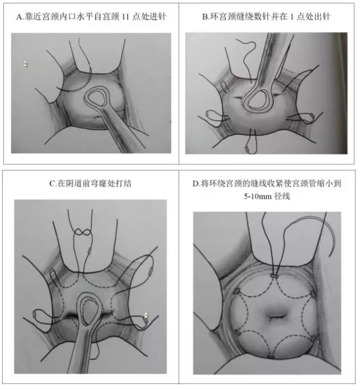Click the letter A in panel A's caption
19,17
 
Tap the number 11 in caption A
125,17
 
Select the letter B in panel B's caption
205,17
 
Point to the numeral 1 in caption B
292,17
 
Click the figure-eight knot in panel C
83,232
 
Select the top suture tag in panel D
274,276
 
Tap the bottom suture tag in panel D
271,357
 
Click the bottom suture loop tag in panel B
247,149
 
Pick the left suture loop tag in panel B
208,114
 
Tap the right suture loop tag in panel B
311,115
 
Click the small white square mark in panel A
25,64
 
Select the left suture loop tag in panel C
34,315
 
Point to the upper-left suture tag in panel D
236,291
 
